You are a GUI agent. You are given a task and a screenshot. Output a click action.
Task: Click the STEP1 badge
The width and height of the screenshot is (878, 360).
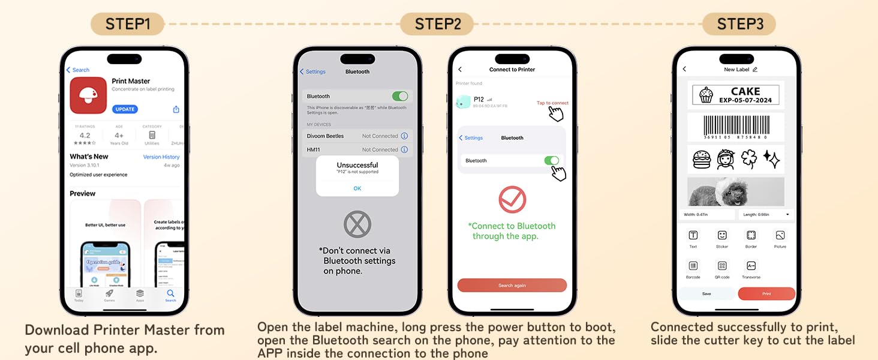click(x=127, y=24)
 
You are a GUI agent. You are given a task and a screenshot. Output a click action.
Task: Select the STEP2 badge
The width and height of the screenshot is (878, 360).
click(x=438, y=24)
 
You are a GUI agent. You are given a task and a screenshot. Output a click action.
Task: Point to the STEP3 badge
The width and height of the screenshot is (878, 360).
click(x=740, y=24)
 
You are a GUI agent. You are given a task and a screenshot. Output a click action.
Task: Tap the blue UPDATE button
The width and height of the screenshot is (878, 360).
click(x=125, y=109)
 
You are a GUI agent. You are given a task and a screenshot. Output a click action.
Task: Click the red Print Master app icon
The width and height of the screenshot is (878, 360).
click(x=88, y=95)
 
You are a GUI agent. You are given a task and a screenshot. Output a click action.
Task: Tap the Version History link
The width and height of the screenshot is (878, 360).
click(x=161, y=157)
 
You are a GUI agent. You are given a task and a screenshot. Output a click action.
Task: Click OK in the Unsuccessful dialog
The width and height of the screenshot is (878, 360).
click(x=357, y=188)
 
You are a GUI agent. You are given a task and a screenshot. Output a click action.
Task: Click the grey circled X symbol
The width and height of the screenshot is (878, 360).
click(x=357, y=224)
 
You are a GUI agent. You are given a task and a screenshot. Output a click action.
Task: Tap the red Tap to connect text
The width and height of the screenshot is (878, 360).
click(x=552, y=103)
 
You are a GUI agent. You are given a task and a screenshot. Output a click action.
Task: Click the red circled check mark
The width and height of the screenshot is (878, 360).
click(x=512, y=200)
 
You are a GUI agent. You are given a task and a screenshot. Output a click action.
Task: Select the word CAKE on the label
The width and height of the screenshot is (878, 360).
click(x=745, y=91)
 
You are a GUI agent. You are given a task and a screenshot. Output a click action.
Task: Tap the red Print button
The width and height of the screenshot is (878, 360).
click(x=766, y=294)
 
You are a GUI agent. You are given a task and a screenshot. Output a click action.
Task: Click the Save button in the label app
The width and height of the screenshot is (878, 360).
click(x=706, y=294)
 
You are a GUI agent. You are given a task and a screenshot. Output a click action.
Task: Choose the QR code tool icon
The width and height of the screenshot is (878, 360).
click(x=722, y=266)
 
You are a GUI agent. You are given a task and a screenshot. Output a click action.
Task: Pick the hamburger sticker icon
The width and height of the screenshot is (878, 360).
click(x=701, y=159)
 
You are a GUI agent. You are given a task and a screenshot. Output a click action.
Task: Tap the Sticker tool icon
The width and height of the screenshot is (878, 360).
click(x=722, y=236)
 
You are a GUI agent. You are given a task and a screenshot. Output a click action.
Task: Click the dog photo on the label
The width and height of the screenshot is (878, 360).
click(x=735, y=192)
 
